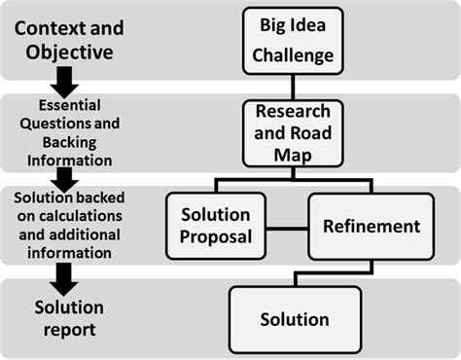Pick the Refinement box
(372, 226)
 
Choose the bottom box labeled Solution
(294, 319)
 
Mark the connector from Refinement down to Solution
(372, 271)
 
